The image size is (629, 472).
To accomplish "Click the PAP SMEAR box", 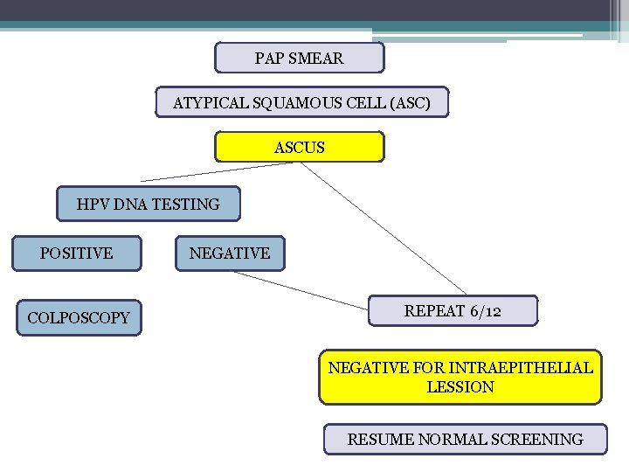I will (299, 58).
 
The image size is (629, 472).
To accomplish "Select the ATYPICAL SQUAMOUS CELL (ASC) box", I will (301, 102).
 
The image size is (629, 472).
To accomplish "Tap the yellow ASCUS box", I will (299, 147).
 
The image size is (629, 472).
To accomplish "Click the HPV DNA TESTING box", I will (148, 204).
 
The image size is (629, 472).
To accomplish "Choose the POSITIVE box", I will (76, 253).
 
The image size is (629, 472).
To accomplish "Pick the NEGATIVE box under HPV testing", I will (230, 253).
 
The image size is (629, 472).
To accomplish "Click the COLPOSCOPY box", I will (78, 318).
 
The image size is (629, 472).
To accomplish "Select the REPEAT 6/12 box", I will (452, 310).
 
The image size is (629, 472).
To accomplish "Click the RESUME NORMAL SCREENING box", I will (465, 439).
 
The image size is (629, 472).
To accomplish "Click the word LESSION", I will (460, 387).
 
